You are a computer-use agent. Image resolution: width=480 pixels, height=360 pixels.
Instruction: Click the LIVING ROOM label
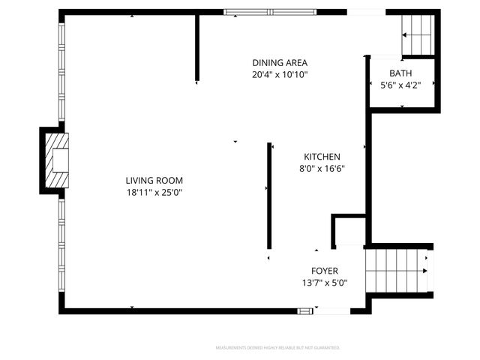click(x=154, y=181)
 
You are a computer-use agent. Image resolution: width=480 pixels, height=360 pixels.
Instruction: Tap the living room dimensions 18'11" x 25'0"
click(x=154, y=193)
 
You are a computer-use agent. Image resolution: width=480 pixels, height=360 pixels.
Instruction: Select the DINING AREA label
click(x=280, y=63)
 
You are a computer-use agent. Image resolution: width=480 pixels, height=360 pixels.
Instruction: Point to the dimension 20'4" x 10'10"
click(x=280, y=75)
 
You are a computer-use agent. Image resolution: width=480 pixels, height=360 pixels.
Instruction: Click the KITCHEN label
click(x=322, y=156)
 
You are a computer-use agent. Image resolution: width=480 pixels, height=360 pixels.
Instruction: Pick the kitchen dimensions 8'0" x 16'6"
click(x=322, y=168)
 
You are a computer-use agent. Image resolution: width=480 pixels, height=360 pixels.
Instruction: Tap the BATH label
click(x=400, y=73)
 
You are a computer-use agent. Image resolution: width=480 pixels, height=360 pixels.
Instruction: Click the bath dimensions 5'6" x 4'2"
click(x=400, y=85)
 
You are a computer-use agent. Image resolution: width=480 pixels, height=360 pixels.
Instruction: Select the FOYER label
click(x=325, y=271)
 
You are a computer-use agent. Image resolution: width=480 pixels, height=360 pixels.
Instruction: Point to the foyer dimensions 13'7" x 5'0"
click(x=325, y=283)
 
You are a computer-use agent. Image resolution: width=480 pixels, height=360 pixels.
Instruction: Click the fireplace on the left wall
click(x=55, y=160)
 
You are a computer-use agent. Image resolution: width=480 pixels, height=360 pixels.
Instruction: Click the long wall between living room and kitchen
click(x=269, y=195)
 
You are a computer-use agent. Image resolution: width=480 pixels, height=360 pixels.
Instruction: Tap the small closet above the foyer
click(x=349, y=230)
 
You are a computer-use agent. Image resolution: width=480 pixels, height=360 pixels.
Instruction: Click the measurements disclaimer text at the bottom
click(x=277, y=348)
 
